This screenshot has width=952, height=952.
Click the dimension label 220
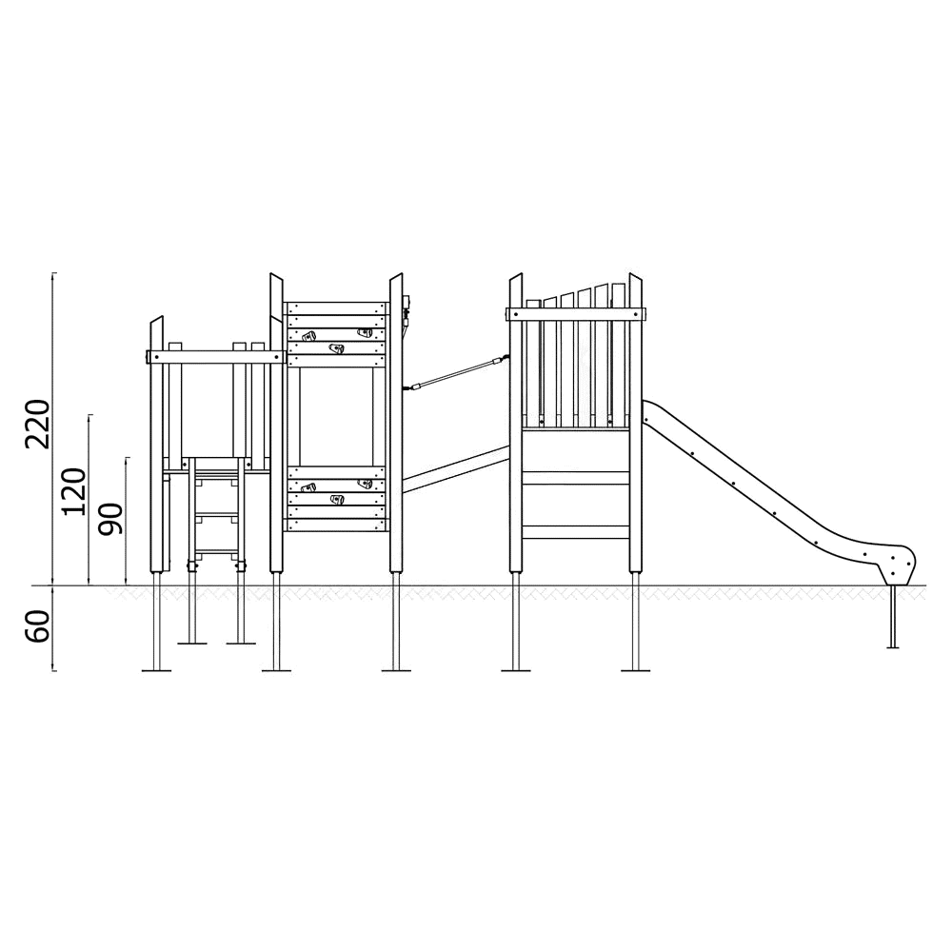37,424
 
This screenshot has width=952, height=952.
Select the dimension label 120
74,492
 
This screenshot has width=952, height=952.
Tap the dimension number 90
110,519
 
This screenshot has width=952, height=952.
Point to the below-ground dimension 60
37,626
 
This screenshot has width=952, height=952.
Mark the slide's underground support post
893,617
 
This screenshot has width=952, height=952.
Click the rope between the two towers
457,373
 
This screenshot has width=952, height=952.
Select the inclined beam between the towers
456,469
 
